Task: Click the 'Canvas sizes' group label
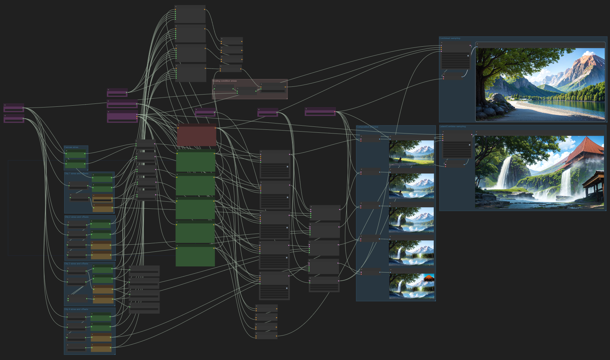[71, 147]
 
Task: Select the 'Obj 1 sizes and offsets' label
[76, 174]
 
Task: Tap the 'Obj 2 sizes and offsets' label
[76, 217]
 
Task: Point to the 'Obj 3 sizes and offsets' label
[76, 264]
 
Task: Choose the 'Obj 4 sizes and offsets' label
[76, 309]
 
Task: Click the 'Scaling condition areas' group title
[224, 81]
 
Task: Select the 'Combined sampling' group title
[450, 38]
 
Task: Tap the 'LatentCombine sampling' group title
[452, 126]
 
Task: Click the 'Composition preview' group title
[367, 127]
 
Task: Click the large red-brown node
[197, 136]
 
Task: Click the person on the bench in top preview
[400, 160]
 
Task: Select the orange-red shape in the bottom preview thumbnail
[429, 278]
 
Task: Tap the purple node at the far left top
[14, 108]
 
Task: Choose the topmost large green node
[196, 162]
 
